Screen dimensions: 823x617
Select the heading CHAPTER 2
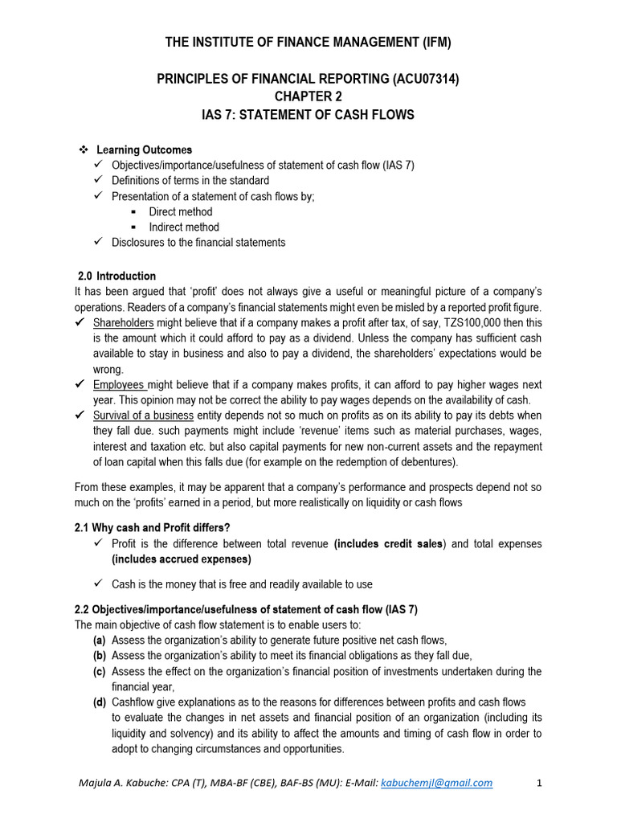pyautogui.click(x=308, y=96)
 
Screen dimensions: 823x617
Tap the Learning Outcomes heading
pyautogui.click(x=145, y=149)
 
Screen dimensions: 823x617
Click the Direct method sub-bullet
pyautogui.click(x=181, y=211)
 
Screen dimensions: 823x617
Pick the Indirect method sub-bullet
pyautogui.click(x=184, y=227)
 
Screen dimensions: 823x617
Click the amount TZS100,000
pyautogui.click(x=449, y=322)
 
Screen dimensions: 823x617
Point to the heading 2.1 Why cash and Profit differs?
pyautogui.click(x=153, y=527)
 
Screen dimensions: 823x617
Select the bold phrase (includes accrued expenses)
pyautogui.click(x=182, y=559)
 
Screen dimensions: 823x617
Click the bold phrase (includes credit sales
pyautogui.click(x=389, y=544)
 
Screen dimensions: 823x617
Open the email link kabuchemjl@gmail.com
pyautogui.click(x=437, y=783)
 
